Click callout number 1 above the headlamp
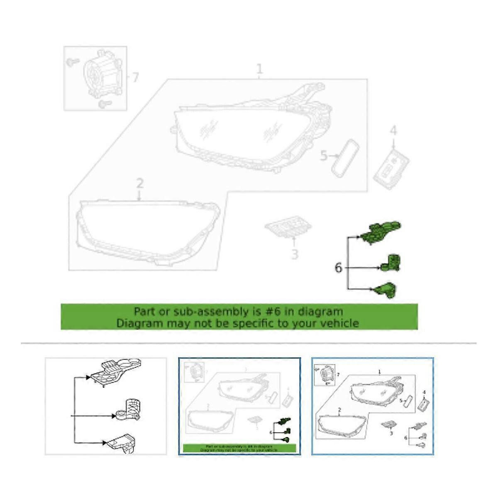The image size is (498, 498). tap(260, 69)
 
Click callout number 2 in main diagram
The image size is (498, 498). tap(140, 183)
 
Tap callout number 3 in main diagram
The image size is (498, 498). tap(294, 254)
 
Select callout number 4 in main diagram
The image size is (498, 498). tap(393, 131)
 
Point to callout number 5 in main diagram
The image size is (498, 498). tap(324, 156)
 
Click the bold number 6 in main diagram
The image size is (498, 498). tap(338, 268)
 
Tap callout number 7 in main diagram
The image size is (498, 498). tap(135, 77)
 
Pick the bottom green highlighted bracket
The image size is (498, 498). tap(386, 290)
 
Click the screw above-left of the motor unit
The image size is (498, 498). tap(72, 62)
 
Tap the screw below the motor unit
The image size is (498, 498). tap(103, 103)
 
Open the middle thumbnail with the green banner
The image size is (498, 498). tap(239, 406)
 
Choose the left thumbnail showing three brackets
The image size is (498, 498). tap(105, 406)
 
